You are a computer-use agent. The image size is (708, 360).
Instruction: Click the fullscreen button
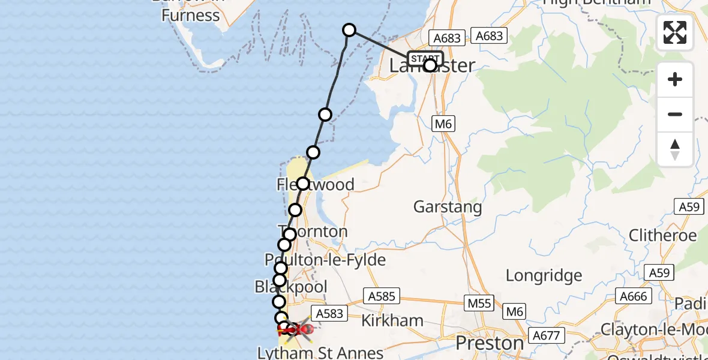click(675, 32)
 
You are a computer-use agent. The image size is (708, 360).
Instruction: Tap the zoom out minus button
click(675, 115)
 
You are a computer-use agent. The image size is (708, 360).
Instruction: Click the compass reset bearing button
click(675, 149)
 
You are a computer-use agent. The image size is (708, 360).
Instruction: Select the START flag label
click(425, 59)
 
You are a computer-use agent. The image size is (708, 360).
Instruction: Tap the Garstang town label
click(448, 208)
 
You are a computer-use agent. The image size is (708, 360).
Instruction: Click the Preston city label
click(490, 343)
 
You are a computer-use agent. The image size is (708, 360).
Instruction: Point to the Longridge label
click(544, 275)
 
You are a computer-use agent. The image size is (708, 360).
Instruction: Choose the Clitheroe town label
click(662, 235)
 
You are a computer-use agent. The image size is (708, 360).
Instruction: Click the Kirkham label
click(393, 320)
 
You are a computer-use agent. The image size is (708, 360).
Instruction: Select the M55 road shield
click(480, 304)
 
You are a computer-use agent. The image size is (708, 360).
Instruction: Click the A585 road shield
click(381, 296)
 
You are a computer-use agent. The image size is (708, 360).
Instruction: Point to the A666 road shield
click(633, 296)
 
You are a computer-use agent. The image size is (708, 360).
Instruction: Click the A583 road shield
click(329, 313)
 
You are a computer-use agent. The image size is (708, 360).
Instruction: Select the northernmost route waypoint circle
click(349, 30)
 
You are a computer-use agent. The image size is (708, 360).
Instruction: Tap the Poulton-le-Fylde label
click(325, 259)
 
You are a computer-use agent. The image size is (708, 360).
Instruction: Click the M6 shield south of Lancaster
click(443, 124)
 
